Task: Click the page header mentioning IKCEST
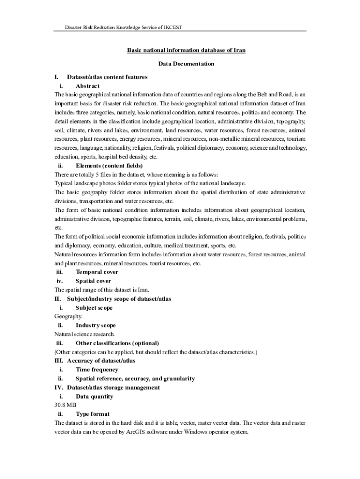123,28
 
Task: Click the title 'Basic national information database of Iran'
186,50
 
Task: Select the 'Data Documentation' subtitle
186,64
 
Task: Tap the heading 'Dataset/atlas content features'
107,77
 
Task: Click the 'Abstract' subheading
87,86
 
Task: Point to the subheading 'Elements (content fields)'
109,166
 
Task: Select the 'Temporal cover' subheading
97,272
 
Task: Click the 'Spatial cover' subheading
93,281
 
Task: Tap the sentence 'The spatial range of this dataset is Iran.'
101,290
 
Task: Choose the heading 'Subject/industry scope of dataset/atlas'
119,298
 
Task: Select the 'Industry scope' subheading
95,325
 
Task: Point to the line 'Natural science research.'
84,334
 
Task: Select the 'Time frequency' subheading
97,370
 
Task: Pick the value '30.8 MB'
65,405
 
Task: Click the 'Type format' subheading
93,414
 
